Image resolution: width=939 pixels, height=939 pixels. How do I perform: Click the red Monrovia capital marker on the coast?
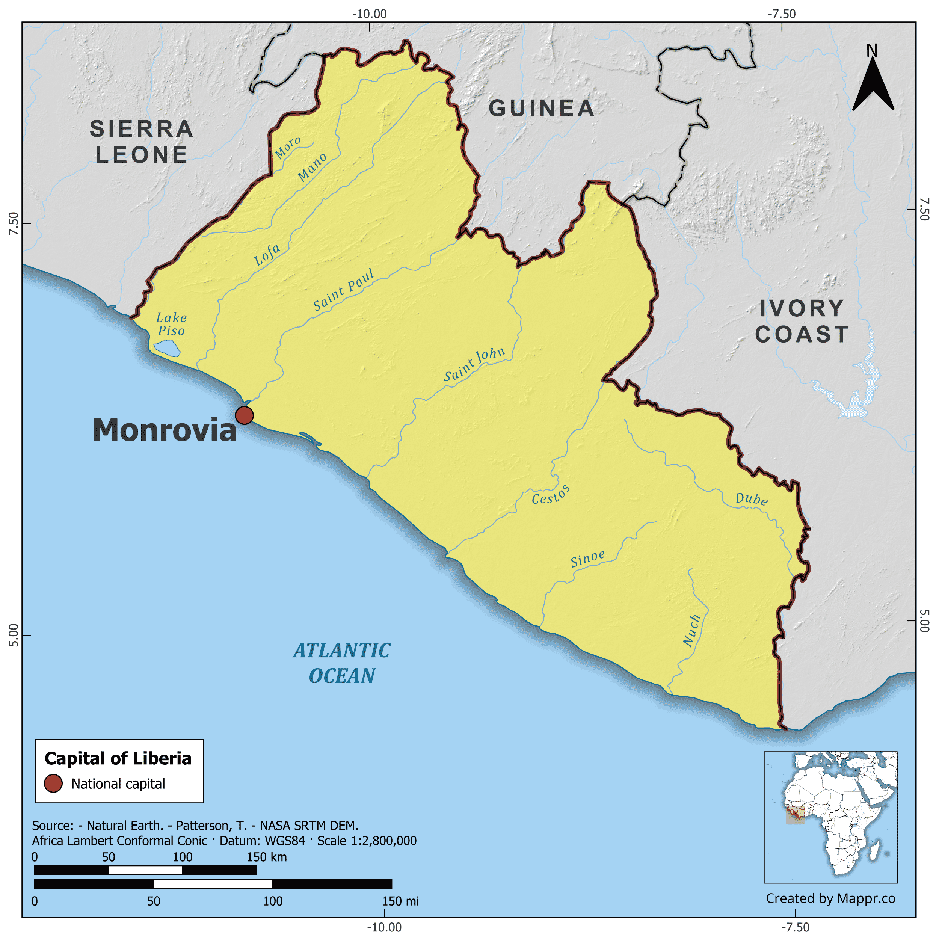tap(244, 415)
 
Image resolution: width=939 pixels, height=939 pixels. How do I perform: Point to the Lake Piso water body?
tap(167, 348)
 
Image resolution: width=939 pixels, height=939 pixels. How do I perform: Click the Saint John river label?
tap(474, 364)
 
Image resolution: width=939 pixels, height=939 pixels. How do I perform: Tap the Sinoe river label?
tap(587, 559)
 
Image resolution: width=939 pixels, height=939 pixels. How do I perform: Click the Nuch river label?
tap(691, 630)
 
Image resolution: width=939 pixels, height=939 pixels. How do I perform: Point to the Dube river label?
tap(752, 499)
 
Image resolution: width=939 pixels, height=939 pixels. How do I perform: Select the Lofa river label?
tap(267, 254)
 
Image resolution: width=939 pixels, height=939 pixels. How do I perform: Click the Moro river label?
tap(288, 148)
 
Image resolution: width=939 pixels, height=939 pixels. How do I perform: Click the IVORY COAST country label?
tap(802, 321)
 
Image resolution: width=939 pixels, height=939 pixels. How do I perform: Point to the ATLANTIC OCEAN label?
tap(342, 663)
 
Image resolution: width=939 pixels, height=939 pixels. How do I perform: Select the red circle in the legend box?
tap(53, 784)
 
